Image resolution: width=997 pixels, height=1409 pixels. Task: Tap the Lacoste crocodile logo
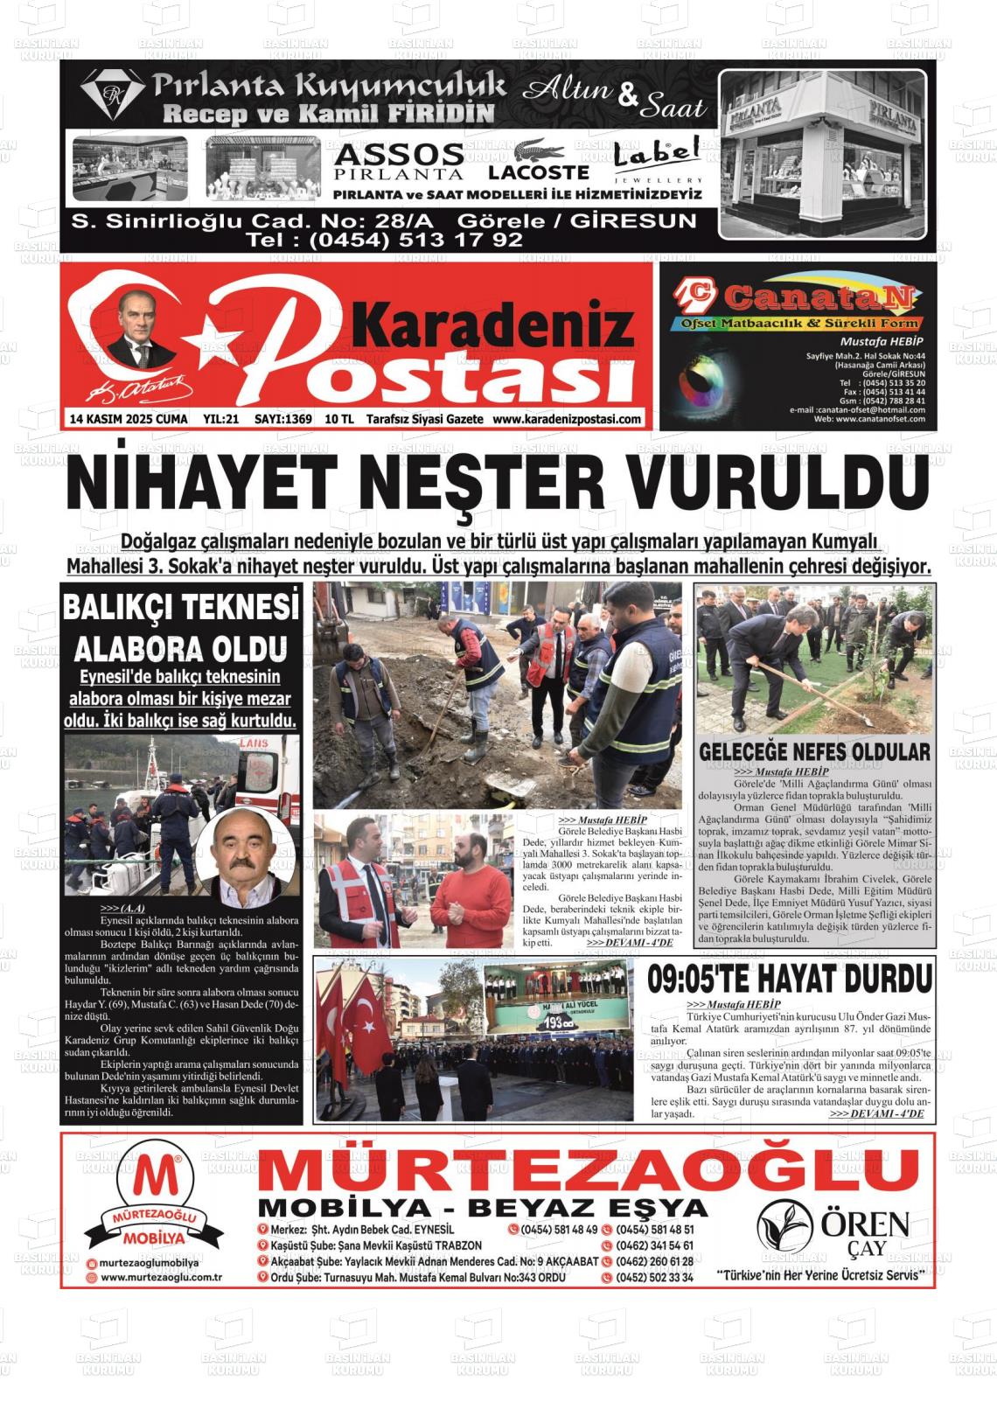point(538,150)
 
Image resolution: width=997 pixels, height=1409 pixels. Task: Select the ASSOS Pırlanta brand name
point(399,161)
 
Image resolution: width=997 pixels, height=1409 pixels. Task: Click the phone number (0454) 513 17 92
point(384,240)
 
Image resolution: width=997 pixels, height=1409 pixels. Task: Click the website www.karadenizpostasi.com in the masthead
point(567,420)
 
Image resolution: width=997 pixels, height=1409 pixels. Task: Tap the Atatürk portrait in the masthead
point(140,328)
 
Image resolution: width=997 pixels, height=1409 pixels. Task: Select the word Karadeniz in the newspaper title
point(496,325)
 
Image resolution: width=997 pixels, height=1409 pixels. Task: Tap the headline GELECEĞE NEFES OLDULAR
point(814,751)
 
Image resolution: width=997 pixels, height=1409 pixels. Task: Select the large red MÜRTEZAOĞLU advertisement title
point(588,1168)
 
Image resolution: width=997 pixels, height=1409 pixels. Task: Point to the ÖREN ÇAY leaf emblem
point(784,1225)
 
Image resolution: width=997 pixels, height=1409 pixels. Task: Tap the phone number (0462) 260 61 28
point(655,1261)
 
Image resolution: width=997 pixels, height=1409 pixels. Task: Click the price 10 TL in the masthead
point(338,420)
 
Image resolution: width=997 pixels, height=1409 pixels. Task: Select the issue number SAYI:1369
point(283,420)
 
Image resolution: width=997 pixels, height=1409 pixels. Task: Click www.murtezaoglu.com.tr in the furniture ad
point(161,1277)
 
